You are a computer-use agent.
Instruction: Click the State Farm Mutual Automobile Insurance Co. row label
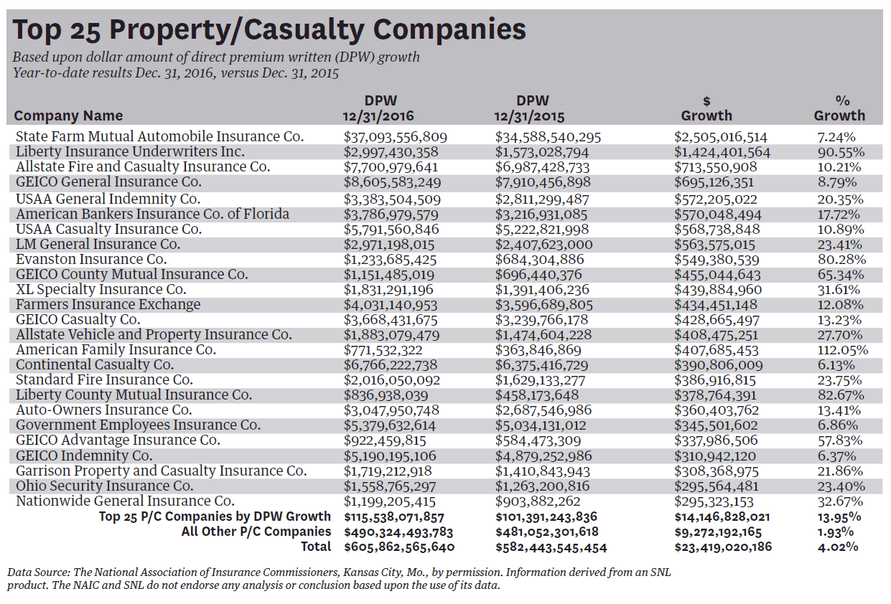point(159,136)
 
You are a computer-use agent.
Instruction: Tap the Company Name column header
point(68,115)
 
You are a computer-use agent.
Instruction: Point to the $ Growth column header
point(706,108)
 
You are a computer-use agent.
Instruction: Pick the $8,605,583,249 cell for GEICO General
point(392,182)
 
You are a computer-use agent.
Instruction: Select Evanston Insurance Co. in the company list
point(91,259)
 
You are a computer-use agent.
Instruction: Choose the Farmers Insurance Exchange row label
point(108,304)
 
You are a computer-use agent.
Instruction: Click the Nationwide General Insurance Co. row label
point(125,501)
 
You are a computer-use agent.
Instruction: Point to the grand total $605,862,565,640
point(399,547)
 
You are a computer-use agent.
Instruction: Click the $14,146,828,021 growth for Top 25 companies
point(723,516)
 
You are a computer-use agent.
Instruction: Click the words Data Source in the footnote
point(36,572)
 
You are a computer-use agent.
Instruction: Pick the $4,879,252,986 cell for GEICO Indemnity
point(543,456)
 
